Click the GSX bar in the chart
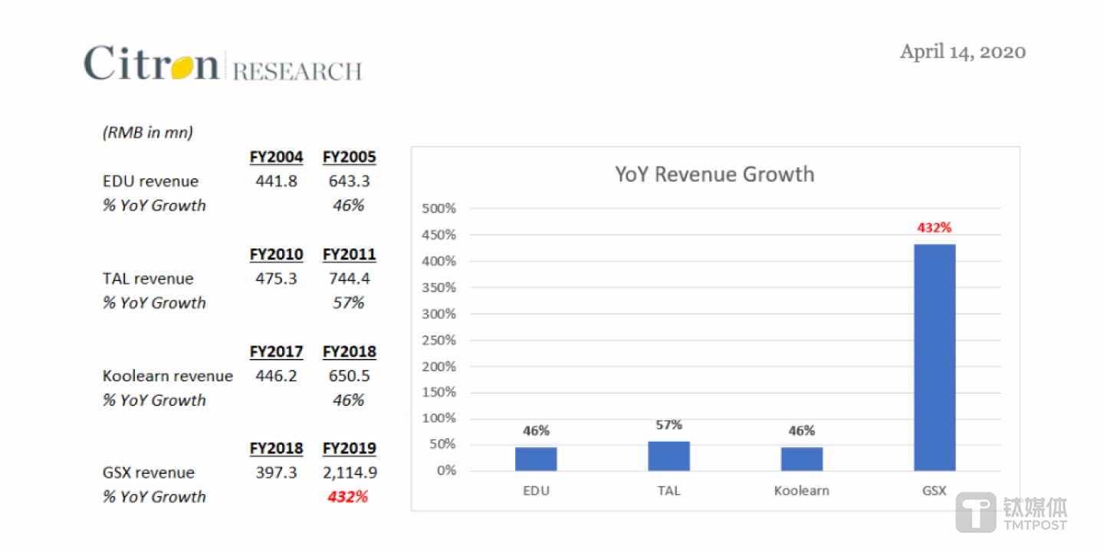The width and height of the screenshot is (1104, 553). click(x=935, y=357)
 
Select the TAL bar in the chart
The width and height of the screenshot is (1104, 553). click(x=669, y=456)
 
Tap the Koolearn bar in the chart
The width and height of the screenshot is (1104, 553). click(x=801, y=459)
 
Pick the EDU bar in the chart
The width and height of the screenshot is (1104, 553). click(x=536, y=459)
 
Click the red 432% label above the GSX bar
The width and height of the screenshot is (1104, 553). click(x=935, y=228)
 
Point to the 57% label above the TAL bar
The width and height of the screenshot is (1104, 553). click(x=669, y=425)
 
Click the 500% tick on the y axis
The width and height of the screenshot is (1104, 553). click(x=439, y=209)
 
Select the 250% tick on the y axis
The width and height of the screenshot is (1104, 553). click(x=439, y=340)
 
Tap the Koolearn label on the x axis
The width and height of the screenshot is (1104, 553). click(x=801, y=491)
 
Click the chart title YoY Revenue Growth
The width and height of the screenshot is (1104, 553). click(x=715, y=174)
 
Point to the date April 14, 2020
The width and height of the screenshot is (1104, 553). click(x=962, y=51)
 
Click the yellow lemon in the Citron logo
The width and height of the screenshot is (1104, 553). click(x=183, y=67)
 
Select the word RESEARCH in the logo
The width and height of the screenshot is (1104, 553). click(x=297, y=71)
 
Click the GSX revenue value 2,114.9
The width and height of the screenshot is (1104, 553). click(x=350, y=472)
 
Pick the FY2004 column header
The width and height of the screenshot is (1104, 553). click(x=276, y=157)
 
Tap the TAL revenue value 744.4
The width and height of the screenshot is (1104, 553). click(x=350, y=278)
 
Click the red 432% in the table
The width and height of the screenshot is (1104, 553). click(x=347, y=496)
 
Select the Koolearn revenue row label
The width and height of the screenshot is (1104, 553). click(x=168, y=376)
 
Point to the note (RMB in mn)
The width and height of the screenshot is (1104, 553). click(x=147, y=133)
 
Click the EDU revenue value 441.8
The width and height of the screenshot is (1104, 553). click(x=276, y=181)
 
